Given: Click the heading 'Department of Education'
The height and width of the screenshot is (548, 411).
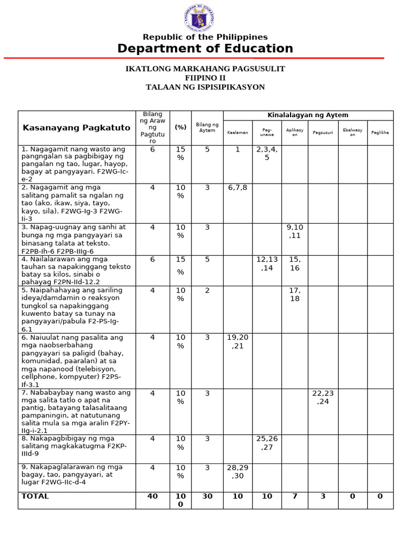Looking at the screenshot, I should click(x=205, y=49).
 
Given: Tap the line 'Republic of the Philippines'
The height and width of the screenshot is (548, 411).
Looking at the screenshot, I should click(x=205, y=37).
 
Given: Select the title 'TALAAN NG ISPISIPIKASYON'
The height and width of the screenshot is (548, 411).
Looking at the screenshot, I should click(x=205, y=87).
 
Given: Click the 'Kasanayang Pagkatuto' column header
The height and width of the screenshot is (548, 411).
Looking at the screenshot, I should click(x=76, y=127).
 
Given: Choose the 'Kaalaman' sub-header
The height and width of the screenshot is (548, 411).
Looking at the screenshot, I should click(x=238, y=132).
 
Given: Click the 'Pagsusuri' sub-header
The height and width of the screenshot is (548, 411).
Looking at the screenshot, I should click(x=323, y=132).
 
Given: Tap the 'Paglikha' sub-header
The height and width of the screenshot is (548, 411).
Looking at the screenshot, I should click(x=379, y=132).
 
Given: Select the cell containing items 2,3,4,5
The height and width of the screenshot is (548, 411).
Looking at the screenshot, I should click(x=267, y=154).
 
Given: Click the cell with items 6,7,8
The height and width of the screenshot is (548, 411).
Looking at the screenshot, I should click(x=238, y=187).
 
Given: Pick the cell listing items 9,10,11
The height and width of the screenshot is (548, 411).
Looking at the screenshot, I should click(x=294, y=231).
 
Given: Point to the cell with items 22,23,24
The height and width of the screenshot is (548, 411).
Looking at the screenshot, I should click(x=323, y=397).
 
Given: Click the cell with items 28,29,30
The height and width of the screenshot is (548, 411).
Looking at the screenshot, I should click(x=238, y=471).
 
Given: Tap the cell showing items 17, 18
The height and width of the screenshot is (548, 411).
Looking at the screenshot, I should click(x=294, y=294).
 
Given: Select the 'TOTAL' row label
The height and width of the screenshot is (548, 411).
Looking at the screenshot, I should click(x=35, y=496).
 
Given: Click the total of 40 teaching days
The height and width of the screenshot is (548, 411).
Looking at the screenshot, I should click(x=153, y=496).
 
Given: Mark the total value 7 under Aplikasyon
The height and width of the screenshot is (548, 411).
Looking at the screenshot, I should click(x=294, y=496).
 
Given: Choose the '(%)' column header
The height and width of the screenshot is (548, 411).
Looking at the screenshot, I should click(x=180, y=127).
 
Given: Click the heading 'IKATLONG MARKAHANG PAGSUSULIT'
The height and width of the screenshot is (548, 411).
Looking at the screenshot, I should click(x=205, y=68).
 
